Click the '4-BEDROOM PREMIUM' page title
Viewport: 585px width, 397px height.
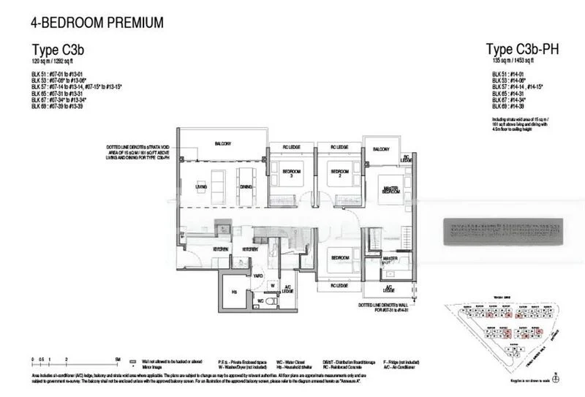coord(97,23)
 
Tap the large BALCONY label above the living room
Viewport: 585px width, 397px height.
coord(222,144)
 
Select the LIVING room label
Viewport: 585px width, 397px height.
coord(201,187)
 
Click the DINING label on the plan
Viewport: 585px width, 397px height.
coord(245,187)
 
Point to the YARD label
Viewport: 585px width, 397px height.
coord(258,276)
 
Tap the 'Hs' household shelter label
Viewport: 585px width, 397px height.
coord(233,291)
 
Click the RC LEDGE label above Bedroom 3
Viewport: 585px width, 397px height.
coord(292,148)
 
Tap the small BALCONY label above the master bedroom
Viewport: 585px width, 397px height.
coord(380,150)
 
